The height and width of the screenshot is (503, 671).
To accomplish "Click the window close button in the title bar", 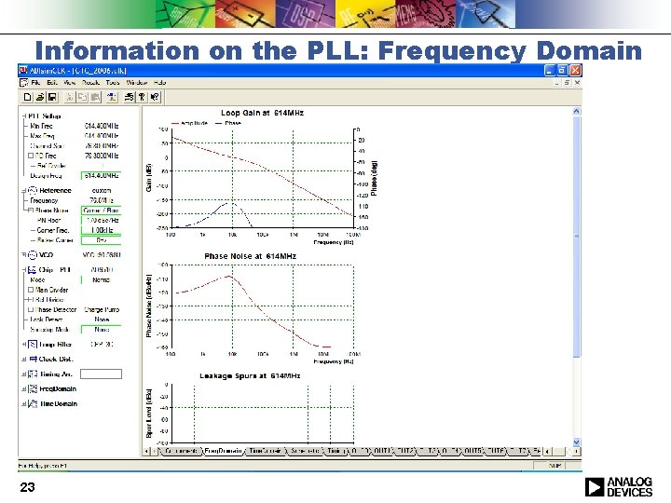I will coord(575,71).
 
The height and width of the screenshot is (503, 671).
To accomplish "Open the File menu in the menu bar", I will coord(35,83).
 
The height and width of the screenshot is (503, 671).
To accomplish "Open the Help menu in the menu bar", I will coord(159,83).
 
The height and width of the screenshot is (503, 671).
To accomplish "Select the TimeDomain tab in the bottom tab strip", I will coord(266,452).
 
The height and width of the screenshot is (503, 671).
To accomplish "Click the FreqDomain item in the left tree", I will coord(57,388).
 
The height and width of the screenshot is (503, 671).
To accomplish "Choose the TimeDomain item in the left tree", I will coord(58,404).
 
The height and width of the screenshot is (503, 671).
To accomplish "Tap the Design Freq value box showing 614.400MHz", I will coord(102,175).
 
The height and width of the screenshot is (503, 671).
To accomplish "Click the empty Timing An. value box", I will coord(102,374).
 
